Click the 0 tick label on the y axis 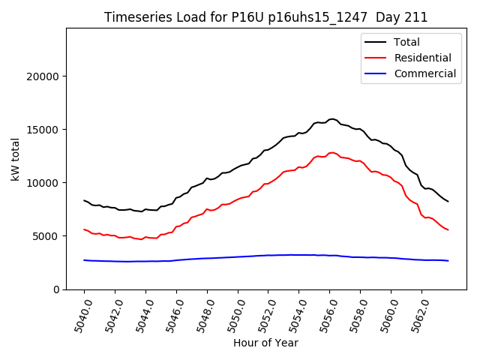pyautogui.click(x=57, y=289)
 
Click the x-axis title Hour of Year pyautogui.click(x=265, y=343)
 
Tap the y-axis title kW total pyautogui.click(x=15, y=159)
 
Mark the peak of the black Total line pyautogui.click(x=331, y=118)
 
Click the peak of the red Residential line pyautogui.click(x=331, y=152)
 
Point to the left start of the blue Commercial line pyautogui.click(x=84, y=260)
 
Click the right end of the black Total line pyautogui.click(x=448, y=201)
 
